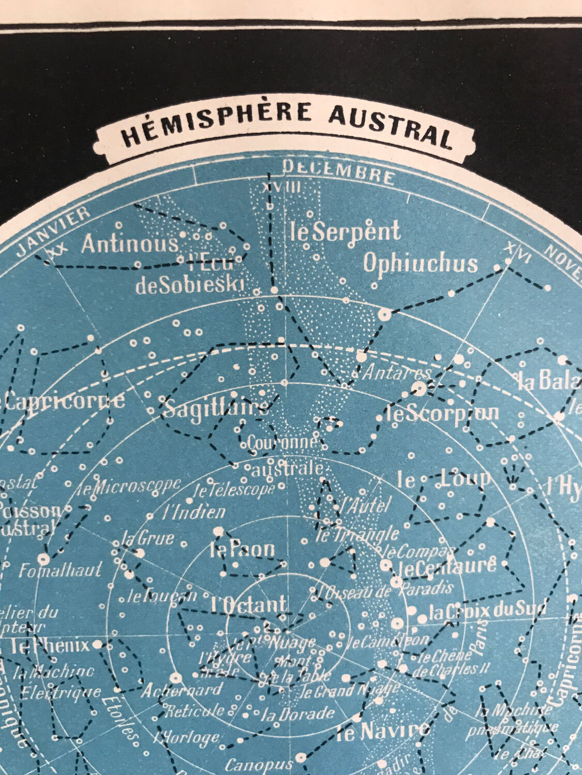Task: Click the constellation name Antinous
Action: [x=129, y=244]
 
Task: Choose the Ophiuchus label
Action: [x=420, y=263]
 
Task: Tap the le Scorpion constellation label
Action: [x=443, y=412]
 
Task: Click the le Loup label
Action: [x=443, y=479]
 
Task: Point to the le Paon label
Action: [x=242, y=550]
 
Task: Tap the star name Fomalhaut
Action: [x=61, y=571]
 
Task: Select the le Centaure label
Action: [x=446, y=566]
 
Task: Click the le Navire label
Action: [x=383, y=731]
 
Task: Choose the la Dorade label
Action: [x=297, y=715]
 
